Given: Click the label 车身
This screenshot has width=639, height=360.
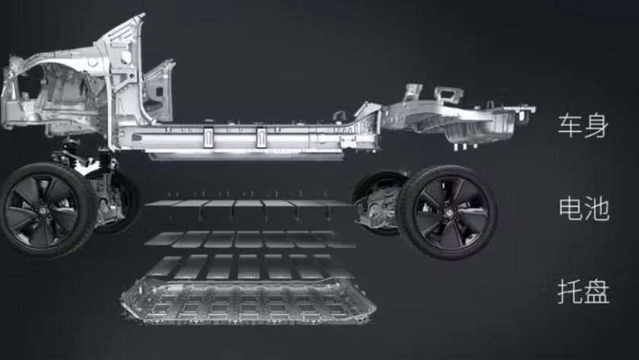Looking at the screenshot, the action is coord(583,126).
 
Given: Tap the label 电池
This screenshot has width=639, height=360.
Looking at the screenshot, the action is coord(583,209).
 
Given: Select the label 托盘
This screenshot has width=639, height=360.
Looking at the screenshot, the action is coord(583,291).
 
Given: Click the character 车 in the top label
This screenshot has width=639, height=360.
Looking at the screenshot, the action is coord(570,126).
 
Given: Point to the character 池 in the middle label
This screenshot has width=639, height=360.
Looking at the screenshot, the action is coord(597,209).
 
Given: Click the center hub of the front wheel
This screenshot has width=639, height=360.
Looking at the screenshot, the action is coord(42,209).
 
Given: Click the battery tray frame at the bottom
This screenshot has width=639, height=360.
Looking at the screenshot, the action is coord(248,301).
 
